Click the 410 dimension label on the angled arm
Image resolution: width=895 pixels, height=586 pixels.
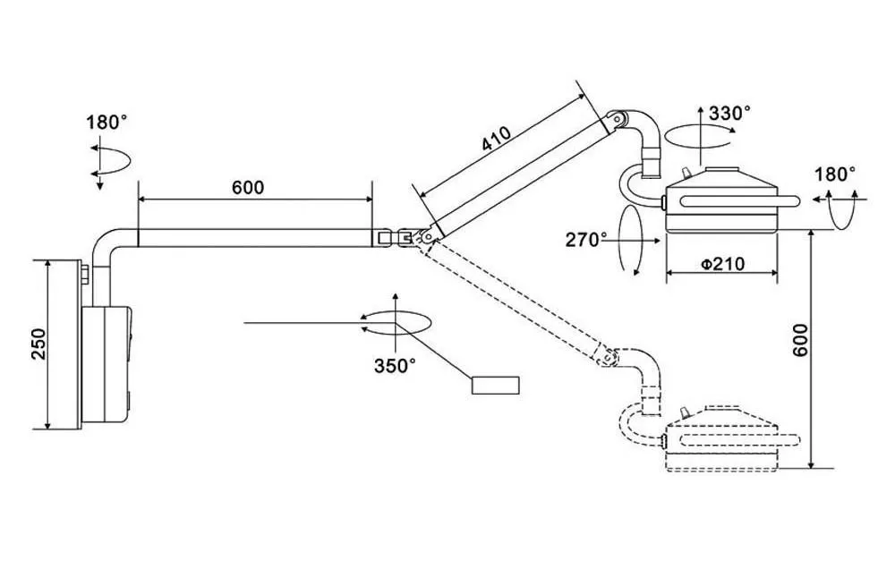tap(496, 139)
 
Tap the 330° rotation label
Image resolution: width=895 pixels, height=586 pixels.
tap(729, 113)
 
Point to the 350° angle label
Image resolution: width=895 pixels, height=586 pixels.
tap(395, 365)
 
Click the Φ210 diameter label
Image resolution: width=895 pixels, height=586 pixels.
tap(722, 264)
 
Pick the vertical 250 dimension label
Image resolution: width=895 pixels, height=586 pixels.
tap(38, 344)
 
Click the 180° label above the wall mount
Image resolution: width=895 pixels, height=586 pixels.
tap(107, 122)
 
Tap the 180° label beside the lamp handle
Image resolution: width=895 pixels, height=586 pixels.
tap(834, 174)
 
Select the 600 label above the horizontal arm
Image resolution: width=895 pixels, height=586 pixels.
tap(248, 187)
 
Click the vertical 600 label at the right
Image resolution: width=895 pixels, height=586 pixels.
tap(801, 340)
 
